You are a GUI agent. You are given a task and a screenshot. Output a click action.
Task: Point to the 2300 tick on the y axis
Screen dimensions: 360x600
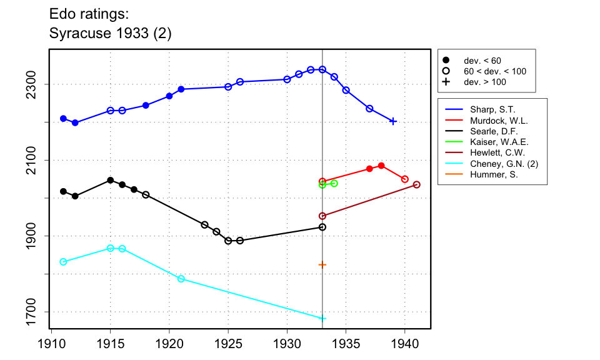pos(40,84)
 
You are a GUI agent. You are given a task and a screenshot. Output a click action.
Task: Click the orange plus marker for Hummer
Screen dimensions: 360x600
pos(322,264)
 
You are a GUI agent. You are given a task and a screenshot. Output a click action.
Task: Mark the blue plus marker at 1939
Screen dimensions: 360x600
pos(393,121)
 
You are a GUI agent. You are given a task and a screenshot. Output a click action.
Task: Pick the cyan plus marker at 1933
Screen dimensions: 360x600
pos(322,318)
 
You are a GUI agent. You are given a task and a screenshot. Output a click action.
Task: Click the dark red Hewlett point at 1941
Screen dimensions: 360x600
pos(417,184)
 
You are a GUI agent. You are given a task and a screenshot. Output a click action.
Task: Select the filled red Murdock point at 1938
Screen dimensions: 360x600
pos(381,166)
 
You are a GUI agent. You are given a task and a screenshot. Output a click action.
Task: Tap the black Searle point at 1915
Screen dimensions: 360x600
pos(111,180)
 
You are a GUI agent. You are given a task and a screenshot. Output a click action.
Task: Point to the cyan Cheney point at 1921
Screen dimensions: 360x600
pos(181,279)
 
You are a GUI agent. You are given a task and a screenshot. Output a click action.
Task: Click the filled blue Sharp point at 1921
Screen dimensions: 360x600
pos(181,89)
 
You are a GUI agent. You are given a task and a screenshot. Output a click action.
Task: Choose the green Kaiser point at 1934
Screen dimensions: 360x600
pos(334,183)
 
